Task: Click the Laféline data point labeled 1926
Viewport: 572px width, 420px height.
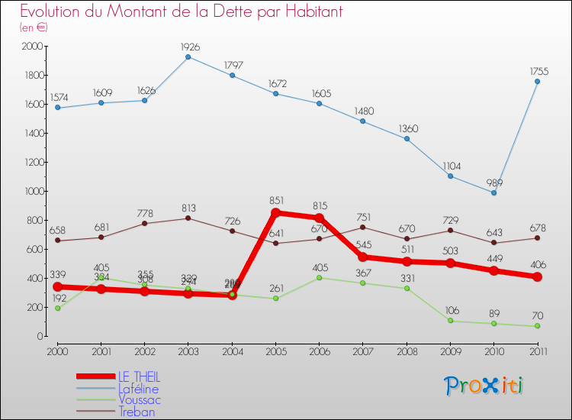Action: pos(188,57)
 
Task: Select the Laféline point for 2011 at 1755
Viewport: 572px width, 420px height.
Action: pos(537,82)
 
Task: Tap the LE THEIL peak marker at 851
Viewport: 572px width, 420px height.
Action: pos(275,213)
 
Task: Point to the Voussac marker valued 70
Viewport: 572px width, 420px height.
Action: pos(537,326)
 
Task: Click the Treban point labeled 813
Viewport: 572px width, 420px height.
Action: pos(188,218)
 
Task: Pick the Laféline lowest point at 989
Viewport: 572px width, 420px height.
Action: pos(493,192)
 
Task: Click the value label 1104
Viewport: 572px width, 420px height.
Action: pos(450,166)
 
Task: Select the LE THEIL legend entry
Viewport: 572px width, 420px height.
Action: pos(139,377)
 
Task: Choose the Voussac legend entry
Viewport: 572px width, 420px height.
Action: pos(139,400)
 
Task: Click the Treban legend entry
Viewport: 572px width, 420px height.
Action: pos(137,412)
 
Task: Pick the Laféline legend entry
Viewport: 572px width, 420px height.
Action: pos(138,389)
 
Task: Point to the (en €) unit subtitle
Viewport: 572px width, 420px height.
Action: pos(34,27)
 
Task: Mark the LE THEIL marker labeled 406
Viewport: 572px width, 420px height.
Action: pos(537,277)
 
